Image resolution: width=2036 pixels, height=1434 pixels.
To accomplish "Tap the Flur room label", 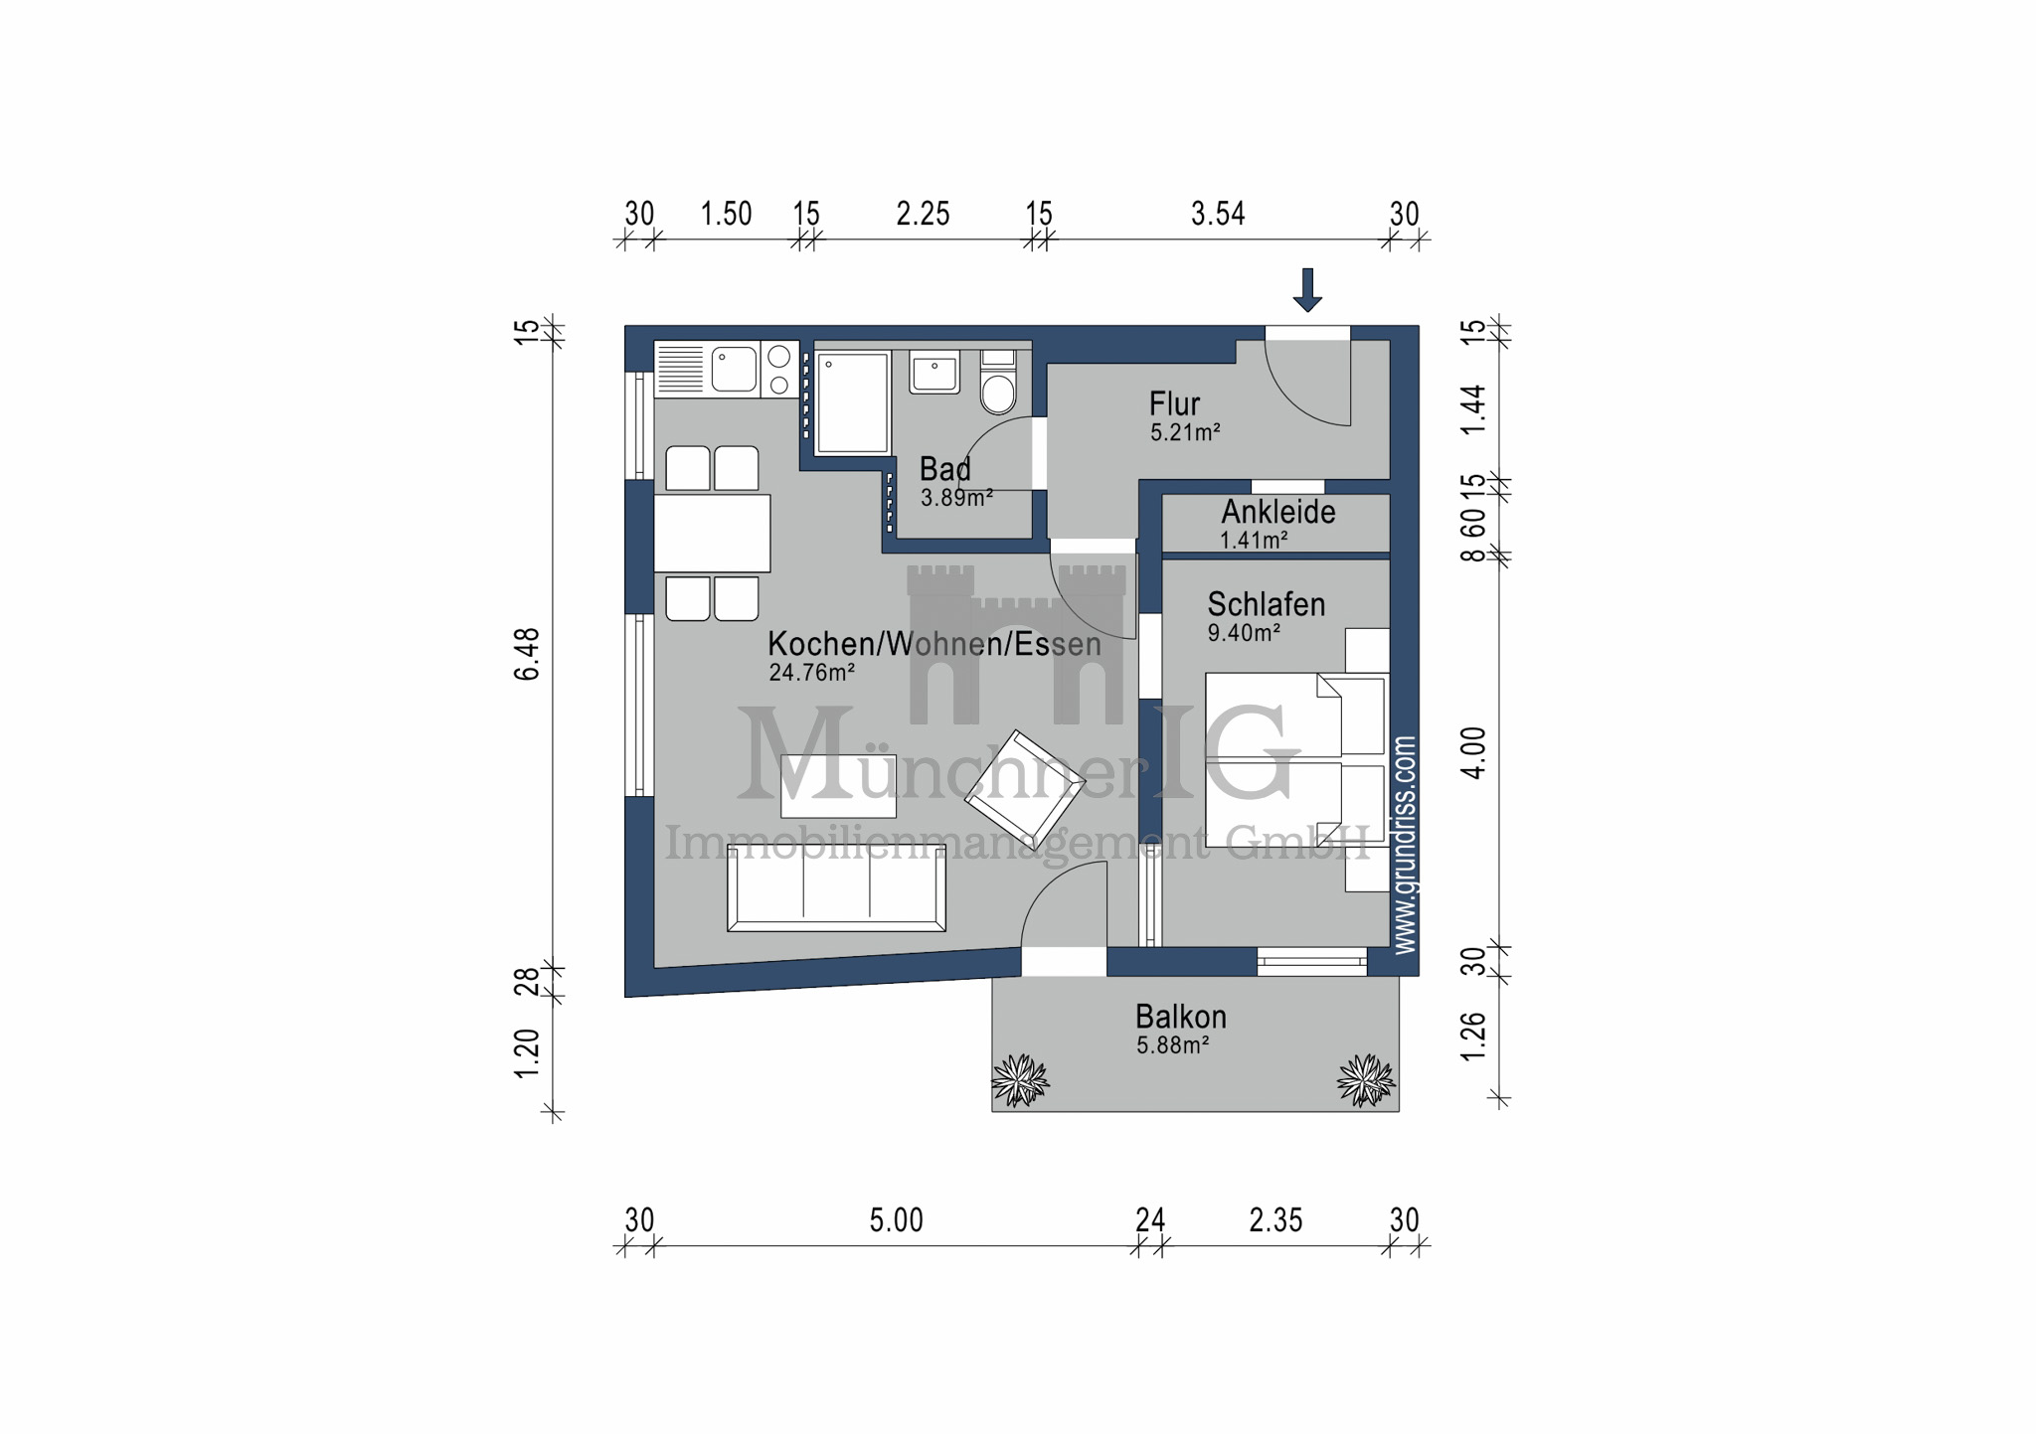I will click(x=1174, y=404).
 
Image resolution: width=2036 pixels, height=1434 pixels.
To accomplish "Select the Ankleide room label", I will click(x=1277, y=512).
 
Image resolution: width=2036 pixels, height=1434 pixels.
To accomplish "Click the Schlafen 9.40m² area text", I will click(x=1243, y=633).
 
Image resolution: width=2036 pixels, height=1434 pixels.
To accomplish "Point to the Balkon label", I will click(x=1180, y=1017).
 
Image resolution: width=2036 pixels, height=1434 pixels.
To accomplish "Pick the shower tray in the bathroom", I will click(x=852, y=402).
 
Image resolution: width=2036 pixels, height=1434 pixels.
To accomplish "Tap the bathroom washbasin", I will click(x=933, y=373).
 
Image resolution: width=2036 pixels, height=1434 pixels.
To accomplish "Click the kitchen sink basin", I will click(x=735, y=369).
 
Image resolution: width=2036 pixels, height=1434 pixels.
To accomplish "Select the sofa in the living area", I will click(x=836, y=887).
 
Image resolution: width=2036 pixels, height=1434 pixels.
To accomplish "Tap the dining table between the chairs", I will click(x=712, y=534).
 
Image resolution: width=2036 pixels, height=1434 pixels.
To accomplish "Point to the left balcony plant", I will click(x=1020, y=1080).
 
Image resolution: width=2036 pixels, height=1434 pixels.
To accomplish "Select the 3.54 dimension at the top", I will click(x=1218, y=214).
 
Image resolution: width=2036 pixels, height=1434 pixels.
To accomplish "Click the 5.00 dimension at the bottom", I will click(x=896, y=1220).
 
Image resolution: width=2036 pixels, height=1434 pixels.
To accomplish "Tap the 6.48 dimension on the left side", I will click(x=527, y=653).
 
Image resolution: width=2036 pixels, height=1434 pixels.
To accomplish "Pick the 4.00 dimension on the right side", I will click(x=1473, y=752).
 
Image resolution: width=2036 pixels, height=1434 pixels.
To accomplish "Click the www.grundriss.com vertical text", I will click(x=1404, y=845).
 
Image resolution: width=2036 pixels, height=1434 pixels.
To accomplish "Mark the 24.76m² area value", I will click(x=811, y=673).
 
